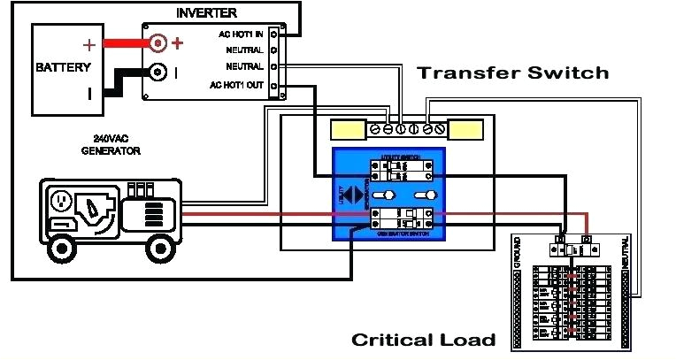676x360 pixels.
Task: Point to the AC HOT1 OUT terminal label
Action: pos(236,85)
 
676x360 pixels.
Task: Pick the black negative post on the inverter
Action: pos(157,73)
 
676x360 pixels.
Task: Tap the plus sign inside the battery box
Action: pos(88,45)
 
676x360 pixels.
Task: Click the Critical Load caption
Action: pos(423,340)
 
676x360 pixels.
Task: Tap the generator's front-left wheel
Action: pos(61,247)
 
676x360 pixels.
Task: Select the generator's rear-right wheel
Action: pos(161,246)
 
